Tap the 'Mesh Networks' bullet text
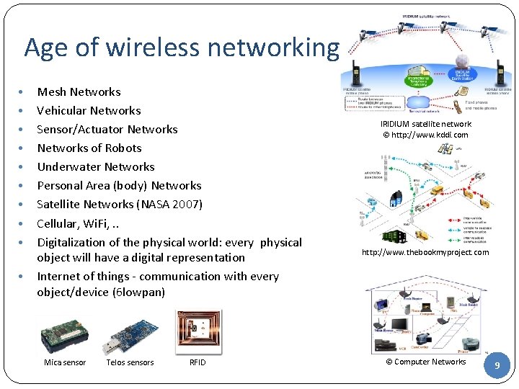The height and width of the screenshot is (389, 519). click(x=79, y=92)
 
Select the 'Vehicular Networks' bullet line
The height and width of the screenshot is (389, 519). click(x=89, y=111)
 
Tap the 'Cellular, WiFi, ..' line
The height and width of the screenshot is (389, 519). click(x=77, y=223)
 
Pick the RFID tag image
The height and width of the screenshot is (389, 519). click(x=198, y=331)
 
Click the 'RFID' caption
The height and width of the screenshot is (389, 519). click(x=198, y=362)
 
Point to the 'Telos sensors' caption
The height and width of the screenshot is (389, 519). click(x=130, y=362)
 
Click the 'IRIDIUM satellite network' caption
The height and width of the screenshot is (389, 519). click(x=425, y=125)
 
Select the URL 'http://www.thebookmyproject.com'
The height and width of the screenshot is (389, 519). click(x=425, y=252)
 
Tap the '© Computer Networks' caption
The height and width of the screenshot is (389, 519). click(x=425, y=362)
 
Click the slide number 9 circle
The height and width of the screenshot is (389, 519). click(x=496, y=366)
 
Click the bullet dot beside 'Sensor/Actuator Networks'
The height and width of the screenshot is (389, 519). click(x=23, y=130)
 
